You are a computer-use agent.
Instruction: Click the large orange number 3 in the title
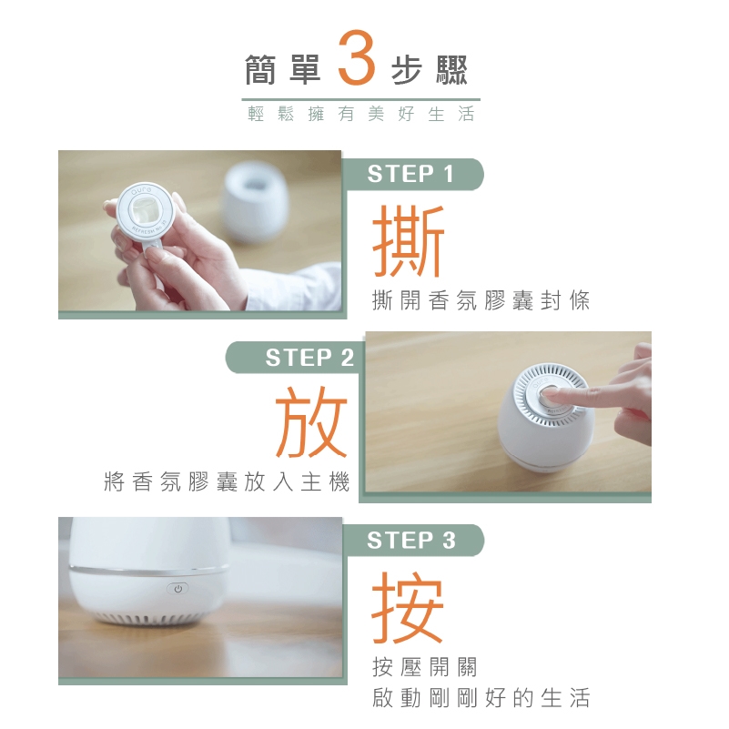pos(357,57)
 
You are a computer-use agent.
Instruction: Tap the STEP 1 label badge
pos(412,175)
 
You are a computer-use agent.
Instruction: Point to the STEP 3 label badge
pos(412,541)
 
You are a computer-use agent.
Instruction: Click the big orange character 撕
pos(409,241)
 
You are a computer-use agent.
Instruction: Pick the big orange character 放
pos(311,422)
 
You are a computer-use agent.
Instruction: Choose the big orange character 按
pos(408,607)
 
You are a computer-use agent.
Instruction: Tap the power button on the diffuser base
pos(177,589)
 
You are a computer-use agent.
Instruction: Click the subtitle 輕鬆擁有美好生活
pos(360,114)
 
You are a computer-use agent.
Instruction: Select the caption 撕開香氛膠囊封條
pos(481,299)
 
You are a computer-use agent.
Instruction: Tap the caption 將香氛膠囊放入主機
pos(227,481)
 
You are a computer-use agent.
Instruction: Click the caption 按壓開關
pos(425,667)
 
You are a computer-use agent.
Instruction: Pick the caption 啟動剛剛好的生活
pos(481,698)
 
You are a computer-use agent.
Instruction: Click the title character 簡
pos(260,70)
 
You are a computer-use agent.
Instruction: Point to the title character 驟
pos(451,70)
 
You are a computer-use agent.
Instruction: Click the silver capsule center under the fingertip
pos(550,396)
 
